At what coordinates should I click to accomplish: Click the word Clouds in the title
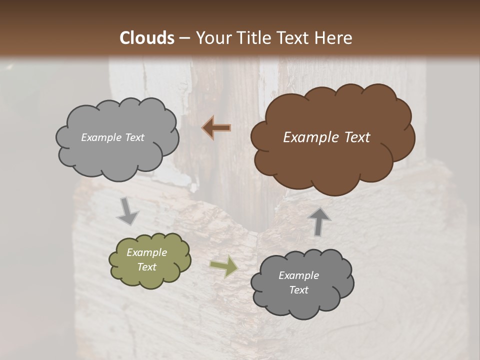pos(147,38)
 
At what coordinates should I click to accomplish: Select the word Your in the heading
pos(213,38)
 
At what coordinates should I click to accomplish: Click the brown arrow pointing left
pos(216,128)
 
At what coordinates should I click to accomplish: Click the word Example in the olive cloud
pos(146,252)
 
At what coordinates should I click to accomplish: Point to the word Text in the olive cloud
pos(146,267)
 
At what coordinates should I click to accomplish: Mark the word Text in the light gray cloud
pos(134,137)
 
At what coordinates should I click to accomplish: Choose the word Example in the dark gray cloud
pos(298,275)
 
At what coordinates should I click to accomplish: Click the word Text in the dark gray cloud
pos(298,290)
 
